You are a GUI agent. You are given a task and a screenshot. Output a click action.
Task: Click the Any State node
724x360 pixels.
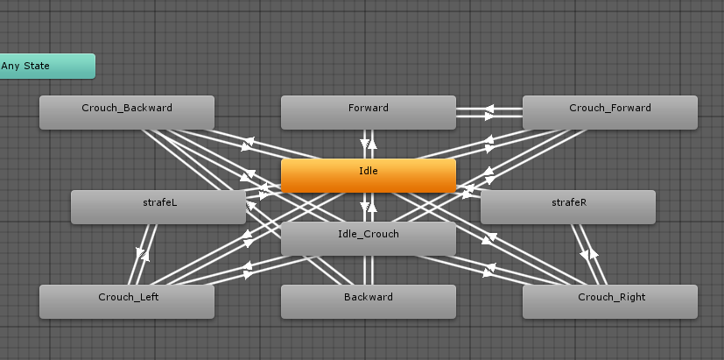(x=47, y=66)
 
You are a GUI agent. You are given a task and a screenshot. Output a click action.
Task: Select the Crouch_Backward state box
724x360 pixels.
(x=127, y=112)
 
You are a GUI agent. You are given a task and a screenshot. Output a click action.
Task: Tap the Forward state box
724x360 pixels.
(x=369, y=112)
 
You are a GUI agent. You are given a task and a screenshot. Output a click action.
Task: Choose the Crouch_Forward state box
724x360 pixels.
(x=610, y=112)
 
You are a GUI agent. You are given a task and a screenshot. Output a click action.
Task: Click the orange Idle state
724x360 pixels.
(x=369, y=175)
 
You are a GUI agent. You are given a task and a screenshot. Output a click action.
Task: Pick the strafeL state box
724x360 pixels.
(x=158, y=207)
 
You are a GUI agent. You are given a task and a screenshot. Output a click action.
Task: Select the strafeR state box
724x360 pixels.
(x=568, y=207)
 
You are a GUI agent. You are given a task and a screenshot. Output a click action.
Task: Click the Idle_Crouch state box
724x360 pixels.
(x=369, y=238)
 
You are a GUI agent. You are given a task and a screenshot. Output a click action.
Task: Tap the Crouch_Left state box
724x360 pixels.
(x=127, y=302)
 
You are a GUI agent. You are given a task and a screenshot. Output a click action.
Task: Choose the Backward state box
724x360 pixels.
(x=369, y=302)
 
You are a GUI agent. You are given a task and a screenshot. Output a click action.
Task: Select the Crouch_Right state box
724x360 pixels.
(x=610, y=302)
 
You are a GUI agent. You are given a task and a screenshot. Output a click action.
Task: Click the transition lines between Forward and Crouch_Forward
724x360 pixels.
(x=489, y=112)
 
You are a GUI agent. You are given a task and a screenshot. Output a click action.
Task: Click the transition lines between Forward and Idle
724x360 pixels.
(x=369, y=145)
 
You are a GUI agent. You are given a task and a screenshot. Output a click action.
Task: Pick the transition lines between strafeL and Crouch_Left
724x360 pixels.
(x=143, y=255)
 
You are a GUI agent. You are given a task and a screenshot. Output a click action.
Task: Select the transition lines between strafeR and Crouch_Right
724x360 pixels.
(x=588, y=255)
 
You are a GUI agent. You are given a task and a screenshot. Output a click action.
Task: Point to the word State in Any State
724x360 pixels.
(x=37, y=66)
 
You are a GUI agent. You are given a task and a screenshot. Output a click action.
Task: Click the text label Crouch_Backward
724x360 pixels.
(x=127, y=108)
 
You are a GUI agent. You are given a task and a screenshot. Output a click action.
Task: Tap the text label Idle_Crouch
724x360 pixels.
(x=369, y=234)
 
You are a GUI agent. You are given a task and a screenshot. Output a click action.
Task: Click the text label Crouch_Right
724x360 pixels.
(x=612, y=297)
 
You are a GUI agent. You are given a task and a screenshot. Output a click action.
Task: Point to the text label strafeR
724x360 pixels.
(x=569, y=202)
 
